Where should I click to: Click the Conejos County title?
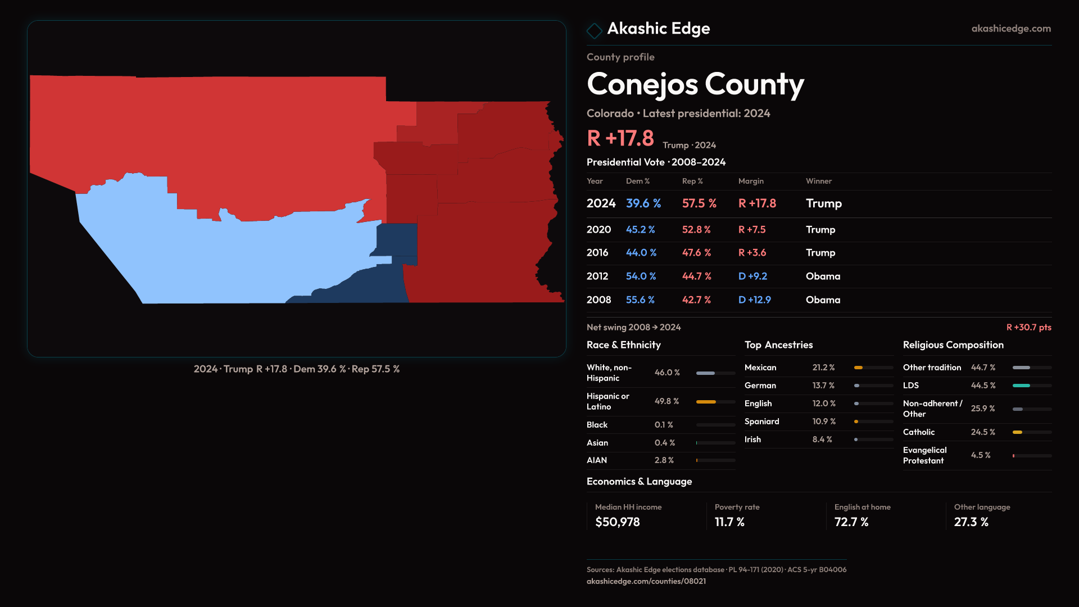tap(695, 84)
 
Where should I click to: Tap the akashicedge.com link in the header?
tap(1010, 29)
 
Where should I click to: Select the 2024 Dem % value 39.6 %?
tap(643, 203)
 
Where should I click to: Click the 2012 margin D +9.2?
tap(752, 277)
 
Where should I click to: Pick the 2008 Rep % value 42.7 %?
tap(696, 300)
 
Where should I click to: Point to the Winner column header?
tap(818, 181)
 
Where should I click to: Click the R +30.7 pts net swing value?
tap(1028, 327)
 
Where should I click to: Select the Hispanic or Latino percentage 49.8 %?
tap(667, 401)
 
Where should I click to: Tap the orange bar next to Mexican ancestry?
tap(858, 368)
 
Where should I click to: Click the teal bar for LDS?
tap(1021, 386)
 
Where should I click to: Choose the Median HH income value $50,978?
tap(617, 522)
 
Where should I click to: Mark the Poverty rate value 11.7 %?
tap(729, 522)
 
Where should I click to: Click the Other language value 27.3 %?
tap(971, 522)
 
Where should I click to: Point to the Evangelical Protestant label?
tap(924, 455)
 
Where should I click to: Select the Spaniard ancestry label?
tap(761, 422)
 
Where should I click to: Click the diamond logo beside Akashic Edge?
tap(594, 30)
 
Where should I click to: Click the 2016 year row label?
tap(597, 253)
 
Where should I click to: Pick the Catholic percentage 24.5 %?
tap(982, 432)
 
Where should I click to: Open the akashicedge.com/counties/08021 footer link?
tap(646, 581)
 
